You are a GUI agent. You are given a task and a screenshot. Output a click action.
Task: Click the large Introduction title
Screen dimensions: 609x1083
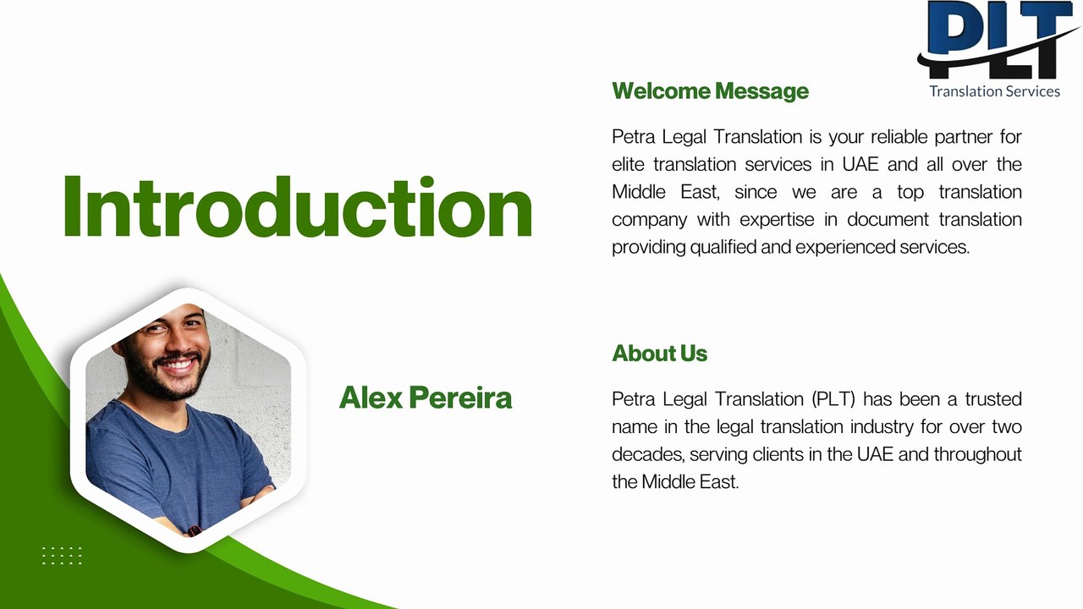coord(297,207)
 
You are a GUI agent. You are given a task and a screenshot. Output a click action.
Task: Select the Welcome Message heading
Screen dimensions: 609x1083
coord(710,91)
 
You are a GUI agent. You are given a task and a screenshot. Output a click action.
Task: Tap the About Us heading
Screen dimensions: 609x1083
coord(659,354)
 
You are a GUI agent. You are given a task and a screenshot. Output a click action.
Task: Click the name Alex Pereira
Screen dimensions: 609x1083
coord(426,398)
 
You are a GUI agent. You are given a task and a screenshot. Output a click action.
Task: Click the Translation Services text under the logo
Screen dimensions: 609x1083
coord(994,91)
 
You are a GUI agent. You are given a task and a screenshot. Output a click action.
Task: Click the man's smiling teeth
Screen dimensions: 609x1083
coord(179,365)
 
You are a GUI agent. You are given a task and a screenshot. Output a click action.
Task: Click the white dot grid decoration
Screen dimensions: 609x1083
coord(62,555)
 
